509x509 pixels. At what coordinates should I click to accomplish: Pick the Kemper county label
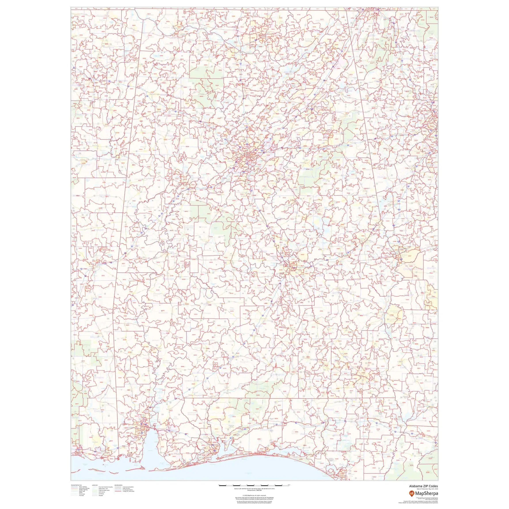click(x=99, y=230)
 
